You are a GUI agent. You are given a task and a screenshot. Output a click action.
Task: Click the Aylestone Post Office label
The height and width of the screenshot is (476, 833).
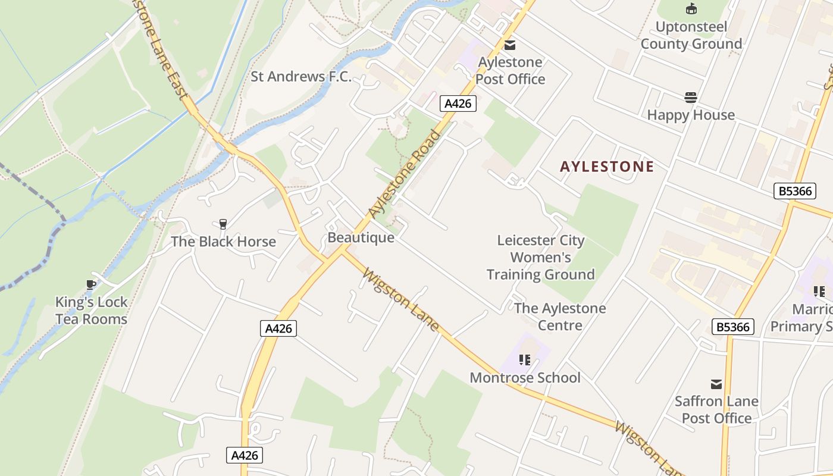coord(511,71)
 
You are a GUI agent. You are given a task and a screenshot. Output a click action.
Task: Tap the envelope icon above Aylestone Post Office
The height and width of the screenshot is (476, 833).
coord(510,45)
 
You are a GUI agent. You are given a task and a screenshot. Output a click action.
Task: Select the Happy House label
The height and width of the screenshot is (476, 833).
coord(691,115)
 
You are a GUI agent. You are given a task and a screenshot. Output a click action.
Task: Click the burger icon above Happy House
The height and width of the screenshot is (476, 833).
coord(691,97)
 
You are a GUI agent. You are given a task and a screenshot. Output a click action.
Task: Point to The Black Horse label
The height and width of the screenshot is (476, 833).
coord(223,242)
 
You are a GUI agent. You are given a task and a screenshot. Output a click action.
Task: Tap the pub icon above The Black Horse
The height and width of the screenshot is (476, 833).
coord(223,224)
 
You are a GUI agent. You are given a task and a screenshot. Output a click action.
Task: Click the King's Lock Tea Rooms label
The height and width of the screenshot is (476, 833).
coord(92,311)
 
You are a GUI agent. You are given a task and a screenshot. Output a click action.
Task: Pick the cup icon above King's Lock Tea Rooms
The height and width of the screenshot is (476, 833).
coord(91,285)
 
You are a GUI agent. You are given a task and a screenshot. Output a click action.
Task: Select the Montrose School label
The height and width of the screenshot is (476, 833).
coord(525,378)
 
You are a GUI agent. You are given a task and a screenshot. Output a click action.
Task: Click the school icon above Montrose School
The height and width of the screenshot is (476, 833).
coord(524,360)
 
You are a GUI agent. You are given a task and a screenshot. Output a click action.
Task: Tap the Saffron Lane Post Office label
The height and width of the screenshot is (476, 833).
coord(716,410)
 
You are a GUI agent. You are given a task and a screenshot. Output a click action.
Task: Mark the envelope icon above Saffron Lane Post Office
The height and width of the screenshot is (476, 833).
coord(716,384)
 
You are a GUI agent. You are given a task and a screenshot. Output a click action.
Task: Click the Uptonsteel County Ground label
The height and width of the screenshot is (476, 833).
coord(691,35)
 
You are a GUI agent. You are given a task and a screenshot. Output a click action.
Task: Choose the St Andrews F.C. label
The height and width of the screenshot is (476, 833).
coord(301,77)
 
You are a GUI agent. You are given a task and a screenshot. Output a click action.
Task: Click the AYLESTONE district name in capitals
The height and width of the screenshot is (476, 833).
coord(607,167)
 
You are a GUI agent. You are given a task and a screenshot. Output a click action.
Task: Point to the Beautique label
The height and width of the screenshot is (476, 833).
coord(361,237)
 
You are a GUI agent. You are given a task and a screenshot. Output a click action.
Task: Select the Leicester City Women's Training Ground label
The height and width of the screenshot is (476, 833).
coord(541,258)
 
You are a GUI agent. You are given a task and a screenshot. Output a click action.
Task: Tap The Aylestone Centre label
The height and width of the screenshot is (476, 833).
coord(560,317)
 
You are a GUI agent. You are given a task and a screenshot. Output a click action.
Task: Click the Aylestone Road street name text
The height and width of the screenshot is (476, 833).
coord(405,173)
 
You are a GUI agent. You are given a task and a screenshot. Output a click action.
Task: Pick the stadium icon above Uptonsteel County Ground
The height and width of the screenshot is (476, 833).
coord(691,9)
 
